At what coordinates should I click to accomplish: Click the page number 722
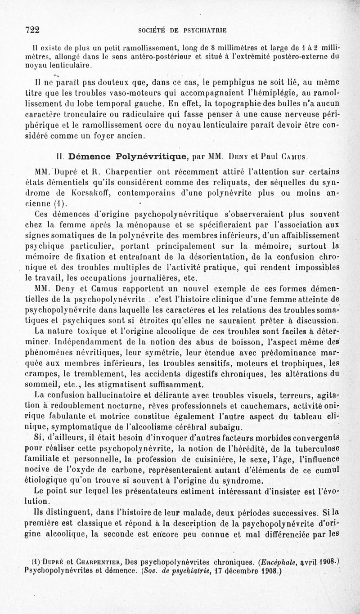point(33,30)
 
